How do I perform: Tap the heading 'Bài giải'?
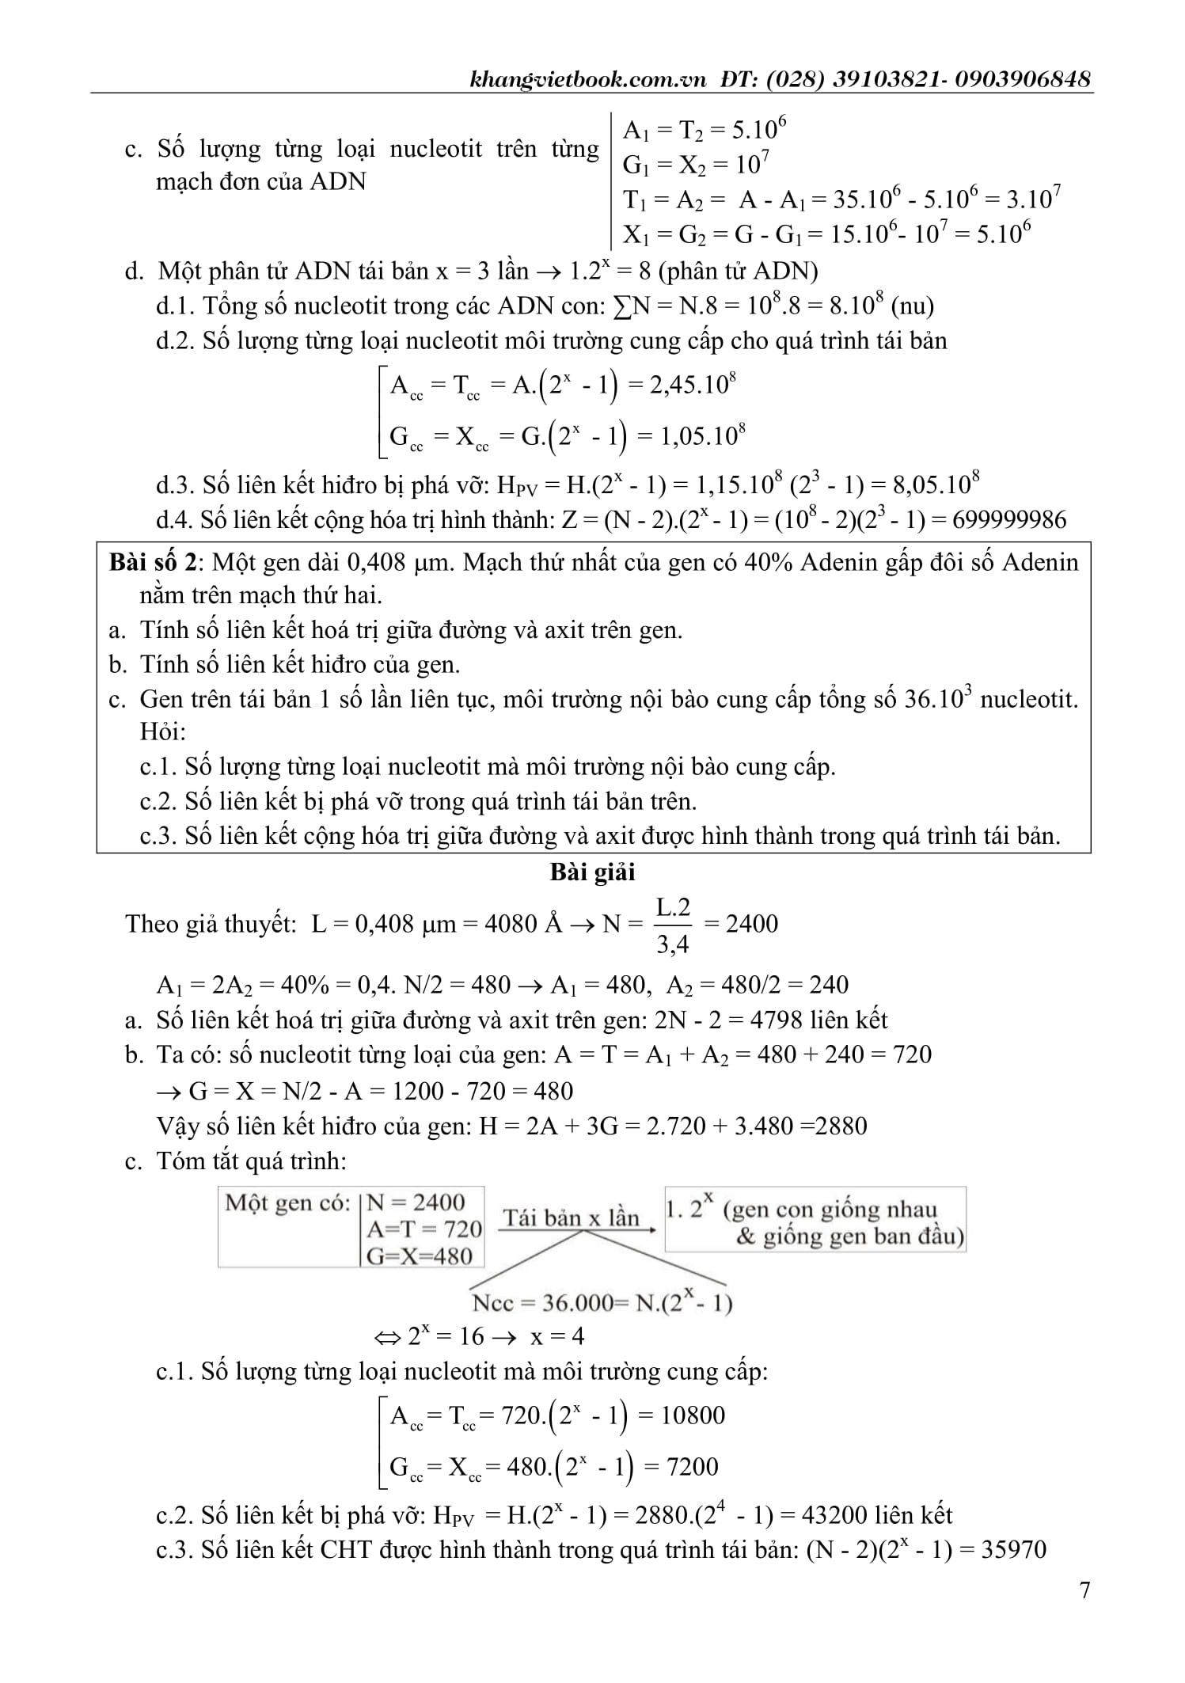(x=592, y=872)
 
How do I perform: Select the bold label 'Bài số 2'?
(x=152, y=562)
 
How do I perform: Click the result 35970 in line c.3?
(x=1013, y=1549)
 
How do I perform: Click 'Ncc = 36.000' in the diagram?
(x=542, y=1302)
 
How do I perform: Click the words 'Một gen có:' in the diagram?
(x=287, y=1204)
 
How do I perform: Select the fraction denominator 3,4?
(x=673, y=944)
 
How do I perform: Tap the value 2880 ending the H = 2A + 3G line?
(x=841, y=1126)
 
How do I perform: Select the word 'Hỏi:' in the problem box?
(x=163, y=731)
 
